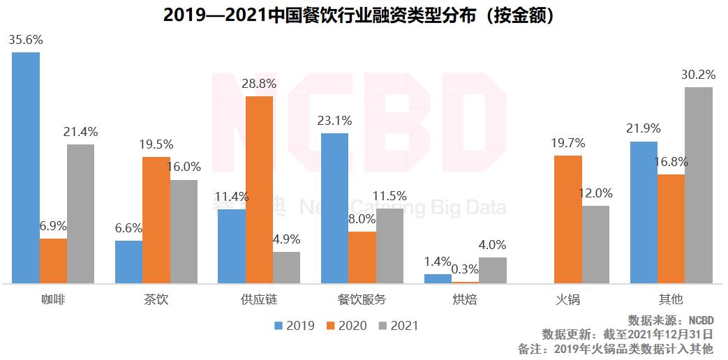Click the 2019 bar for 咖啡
26,167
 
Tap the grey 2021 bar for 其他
698,186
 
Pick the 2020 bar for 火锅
568,220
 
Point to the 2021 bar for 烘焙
493,270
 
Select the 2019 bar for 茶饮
128,262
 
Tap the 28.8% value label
259,84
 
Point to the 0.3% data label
466,269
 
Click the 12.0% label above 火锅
596,193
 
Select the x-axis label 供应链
259,300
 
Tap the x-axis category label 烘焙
466,300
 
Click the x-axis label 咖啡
53,300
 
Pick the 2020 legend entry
346,326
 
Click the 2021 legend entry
397,326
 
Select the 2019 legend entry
294,326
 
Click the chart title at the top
363,15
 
